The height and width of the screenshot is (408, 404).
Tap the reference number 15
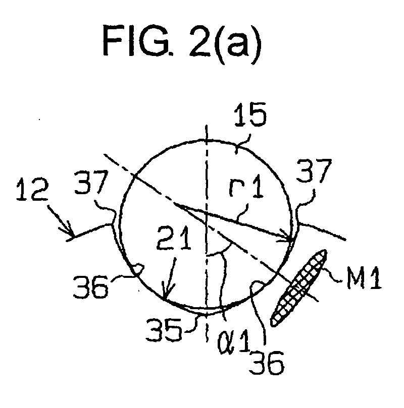point(250,114)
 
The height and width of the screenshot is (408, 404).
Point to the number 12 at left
point(32,189)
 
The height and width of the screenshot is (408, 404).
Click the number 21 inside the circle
point(174,238)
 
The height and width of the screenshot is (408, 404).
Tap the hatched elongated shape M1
point(298,287)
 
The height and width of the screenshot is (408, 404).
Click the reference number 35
point(164,330)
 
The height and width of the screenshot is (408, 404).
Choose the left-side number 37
point(91,182)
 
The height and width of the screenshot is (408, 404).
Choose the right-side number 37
point(314,170)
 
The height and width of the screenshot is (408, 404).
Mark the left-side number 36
point(90,286)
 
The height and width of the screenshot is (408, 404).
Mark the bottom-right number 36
point(266,363)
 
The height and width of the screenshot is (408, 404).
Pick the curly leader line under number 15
point(242,144)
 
